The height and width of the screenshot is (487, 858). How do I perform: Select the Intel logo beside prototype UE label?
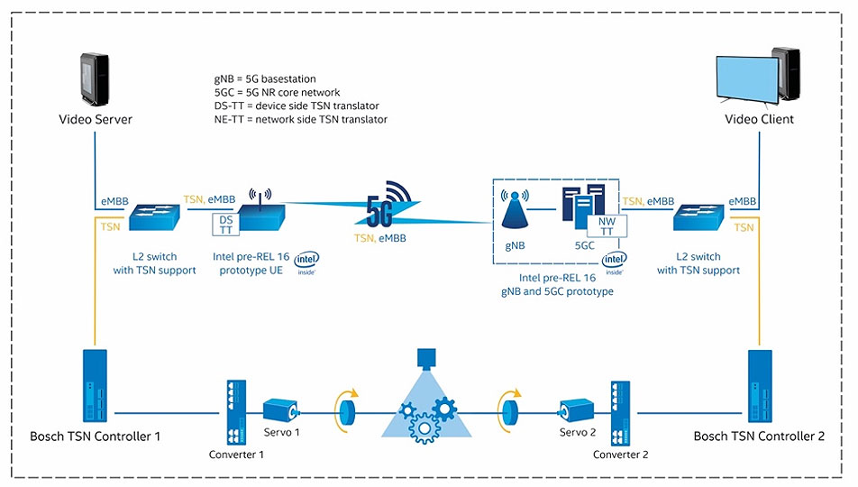point(306,262)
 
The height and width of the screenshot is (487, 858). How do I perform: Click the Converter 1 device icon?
point(236,411)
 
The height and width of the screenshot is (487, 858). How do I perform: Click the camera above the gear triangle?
point(423,358)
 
